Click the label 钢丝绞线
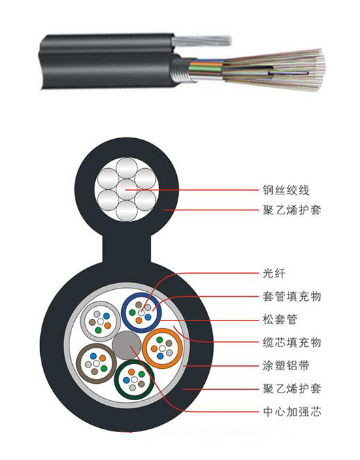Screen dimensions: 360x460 pyautogui.click(x=286, y=190)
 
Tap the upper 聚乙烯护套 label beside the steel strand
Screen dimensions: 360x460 pyautogui.click(x=292, y=210)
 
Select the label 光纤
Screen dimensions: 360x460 pyautogui.click(x=274, y=273)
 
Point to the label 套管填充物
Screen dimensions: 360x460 pyautogui.click(x=292, y=296)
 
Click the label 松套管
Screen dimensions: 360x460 pyautogui.click(x=280, y=319)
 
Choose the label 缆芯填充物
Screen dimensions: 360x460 pyautogui.click(x=292, y=342)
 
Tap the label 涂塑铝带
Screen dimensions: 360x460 pyautogui.click(x=286, y=365)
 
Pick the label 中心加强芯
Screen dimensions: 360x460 pyautogui.click(x=292, y=412)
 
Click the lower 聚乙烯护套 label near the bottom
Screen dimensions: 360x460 pyautogui.click(x=292, y=389)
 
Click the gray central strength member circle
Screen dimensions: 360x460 pyautogui.click(x=127, y=345)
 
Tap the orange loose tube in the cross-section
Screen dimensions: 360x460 pyautogui.click(x=163, y=348)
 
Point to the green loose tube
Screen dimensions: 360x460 pyautogui.click(x=134, y=380)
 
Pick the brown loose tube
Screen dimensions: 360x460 pyautogui.click(x=97, y=363)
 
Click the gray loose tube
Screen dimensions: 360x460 pyautogui.click(x=101, y=322)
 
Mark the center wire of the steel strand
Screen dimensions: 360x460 pyautogui.click(x=127, y=190)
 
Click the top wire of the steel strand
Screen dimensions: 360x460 pyautogui.click(x=127, y=168)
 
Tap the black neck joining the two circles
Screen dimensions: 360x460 pyautogui.click(x=127, y=249)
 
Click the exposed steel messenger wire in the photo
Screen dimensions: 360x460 pyautogui.click(x=202, y=41)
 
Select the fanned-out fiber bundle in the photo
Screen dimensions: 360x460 pyautogui.click(x=274, y=70)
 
